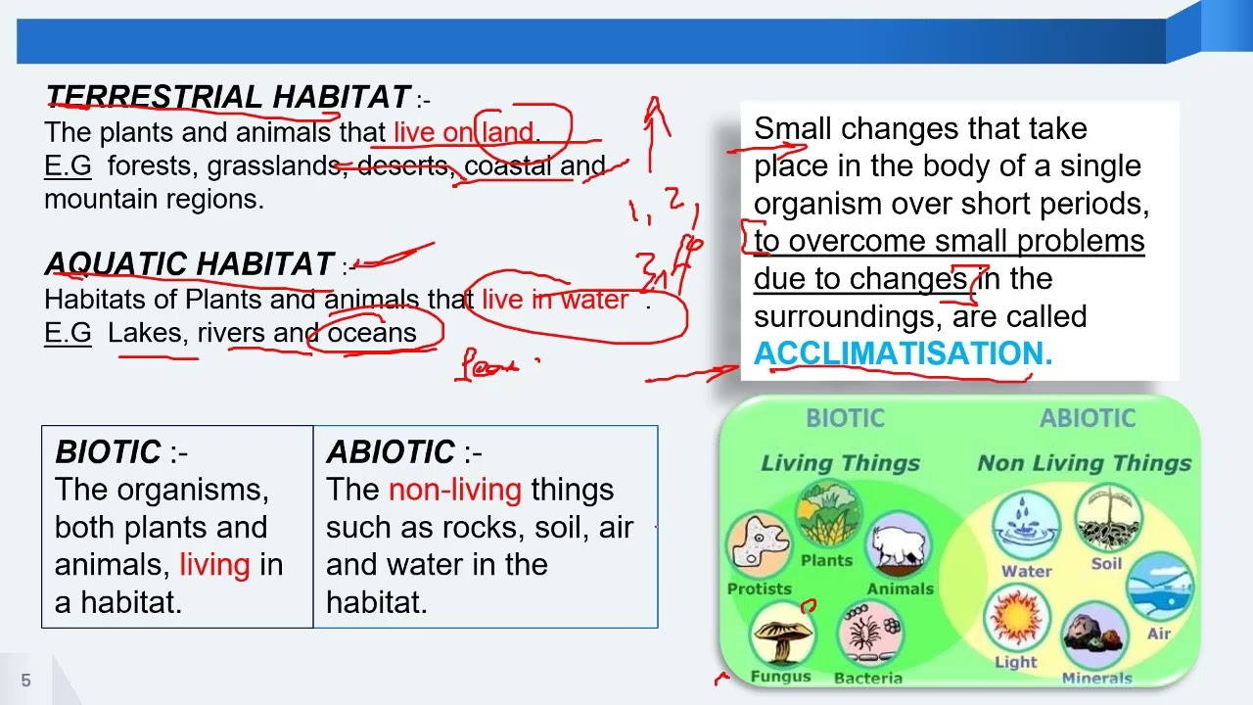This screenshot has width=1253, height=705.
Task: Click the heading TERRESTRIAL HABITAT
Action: tap(227, 97)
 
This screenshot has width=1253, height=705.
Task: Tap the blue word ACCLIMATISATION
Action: tap(903, 353)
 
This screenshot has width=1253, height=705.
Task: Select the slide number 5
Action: tap(26, 680)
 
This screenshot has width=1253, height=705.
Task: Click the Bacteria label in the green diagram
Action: tap(868, 678)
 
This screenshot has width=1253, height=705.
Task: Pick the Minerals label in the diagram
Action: tap(1096, 678)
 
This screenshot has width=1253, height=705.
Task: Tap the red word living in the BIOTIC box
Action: tap(214, 565)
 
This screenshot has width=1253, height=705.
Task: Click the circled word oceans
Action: tap(372, 332)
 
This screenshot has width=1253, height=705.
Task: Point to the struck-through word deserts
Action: tap(402, 165)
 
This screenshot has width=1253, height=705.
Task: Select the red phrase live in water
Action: tap(555, 299)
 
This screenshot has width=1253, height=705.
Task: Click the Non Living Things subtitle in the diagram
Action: tap(1084, 463)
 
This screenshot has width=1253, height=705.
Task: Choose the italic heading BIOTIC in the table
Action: tap(108, 451)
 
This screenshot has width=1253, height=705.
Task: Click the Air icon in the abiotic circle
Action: tap(1160, 592)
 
